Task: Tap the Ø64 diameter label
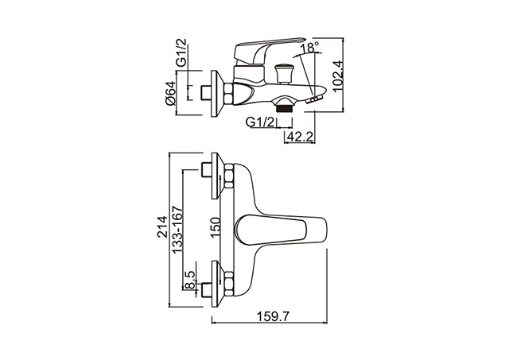(x=170, y=93)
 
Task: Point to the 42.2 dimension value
(x=300, y=137)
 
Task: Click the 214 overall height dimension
(x=162, y=226)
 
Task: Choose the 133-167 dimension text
(x=177, y=230)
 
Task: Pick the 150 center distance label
(x=216, y=227)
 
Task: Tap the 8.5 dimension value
(x=189, y=280)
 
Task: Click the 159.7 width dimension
(x=273, y=315)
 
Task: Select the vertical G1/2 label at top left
(x=181, y=52)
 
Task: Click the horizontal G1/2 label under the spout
(x=260, y=122)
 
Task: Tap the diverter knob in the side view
(x=282, y=74)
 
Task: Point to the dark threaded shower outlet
(x=285, y=108)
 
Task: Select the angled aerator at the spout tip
(x=314, y=99)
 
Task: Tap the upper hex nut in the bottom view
(x=229, y=176)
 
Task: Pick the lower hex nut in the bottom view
(x=229, y=284)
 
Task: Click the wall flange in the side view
(x=216, y=94)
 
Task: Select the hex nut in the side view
(x=228, y=94)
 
